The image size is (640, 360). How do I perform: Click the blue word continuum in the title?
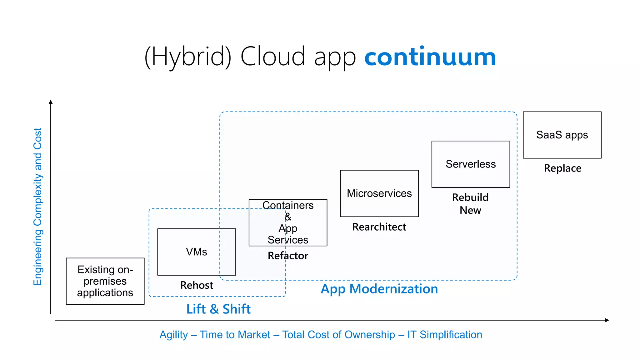point(430,57)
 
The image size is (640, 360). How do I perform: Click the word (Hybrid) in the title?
point(188,57)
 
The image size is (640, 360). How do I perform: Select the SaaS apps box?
point(562,135)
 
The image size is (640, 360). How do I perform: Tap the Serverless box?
point(470,164)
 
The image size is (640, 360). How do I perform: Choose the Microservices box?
point(379,193)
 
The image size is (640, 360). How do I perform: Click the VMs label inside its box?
point(196,252)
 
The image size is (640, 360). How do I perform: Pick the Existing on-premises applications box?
point(105,281)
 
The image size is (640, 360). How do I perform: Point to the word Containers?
point(288,205)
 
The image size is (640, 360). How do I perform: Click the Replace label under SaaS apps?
point(562,168)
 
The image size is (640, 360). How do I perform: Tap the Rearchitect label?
point(379,227)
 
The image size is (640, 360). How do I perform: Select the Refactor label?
point(288,256)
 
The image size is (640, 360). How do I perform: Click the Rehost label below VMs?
point(197,285)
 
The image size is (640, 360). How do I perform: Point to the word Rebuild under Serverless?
point(470,197)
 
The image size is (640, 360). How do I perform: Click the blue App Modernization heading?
point(379,289)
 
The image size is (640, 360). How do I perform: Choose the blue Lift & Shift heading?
point(218,309)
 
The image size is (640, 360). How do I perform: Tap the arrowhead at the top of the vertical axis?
point(51,102)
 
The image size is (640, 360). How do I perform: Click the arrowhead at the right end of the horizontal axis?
point(607,320)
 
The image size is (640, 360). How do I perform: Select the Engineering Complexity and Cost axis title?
point(37,206)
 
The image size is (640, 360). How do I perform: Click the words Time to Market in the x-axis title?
point(235,335)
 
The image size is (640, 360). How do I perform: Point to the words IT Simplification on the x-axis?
point(444,335)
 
